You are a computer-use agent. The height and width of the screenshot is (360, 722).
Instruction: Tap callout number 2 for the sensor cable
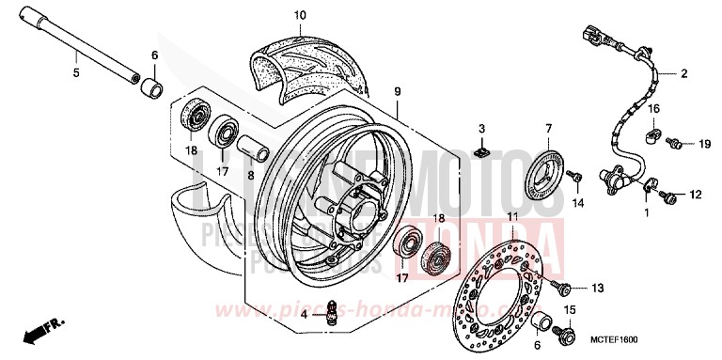point(684,73)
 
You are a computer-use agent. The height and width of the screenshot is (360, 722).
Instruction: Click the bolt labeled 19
point(673,144)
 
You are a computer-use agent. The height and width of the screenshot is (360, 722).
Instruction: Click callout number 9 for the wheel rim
point(398,91)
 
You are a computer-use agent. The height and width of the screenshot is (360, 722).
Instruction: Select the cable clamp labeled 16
point(651,136)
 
